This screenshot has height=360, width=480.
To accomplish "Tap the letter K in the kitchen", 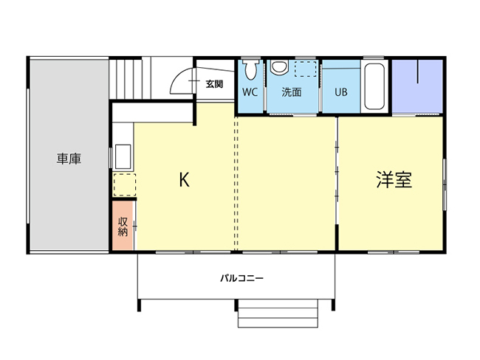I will pyautogui.click(x=185, y=180).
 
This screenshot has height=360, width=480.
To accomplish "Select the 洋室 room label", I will pyautogui.click(x=393, y=180).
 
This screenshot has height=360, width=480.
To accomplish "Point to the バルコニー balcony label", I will pyautogui.click(x=241, y=279).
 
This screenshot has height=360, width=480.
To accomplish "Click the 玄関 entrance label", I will pyautogui.click(x=214, y=84).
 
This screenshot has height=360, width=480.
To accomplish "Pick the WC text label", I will pyautogui.click(x=250, y=93).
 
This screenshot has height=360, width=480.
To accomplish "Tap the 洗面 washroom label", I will pyautogui.click(x=292, y=93).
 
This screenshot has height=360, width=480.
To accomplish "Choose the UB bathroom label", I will pyautogui.click(x=340, y=93).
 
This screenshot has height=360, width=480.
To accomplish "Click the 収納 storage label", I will pyautogui.click(x=123, y=226).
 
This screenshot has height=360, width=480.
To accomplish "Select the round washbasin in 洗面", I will pyautogui.click(x=278, y=68).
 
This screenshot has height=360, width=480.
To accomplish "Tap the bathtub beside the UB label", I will pyautogui.click(x=374, y=86).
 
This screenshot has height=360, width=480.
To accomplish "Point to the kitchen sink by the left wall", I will pyautogui.click(x=123, y=157).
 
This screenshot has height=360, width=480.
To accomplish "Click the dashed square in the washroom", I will pyautogui.click(x=304, y=69).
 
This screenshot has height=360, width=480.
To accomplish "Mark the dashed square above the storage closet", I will pyautogui.click(x=124, y=184).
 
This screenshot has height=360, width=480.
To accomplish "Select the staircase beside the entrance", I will pyautogui.click(x=130, y=77).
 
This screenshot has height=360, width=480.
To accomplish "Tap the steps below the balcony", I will pyautogui.click(x=278, y=314).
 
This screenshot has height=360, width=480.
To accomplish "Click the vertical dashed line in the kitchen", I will pyautogui.click(x=236, y=181).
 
